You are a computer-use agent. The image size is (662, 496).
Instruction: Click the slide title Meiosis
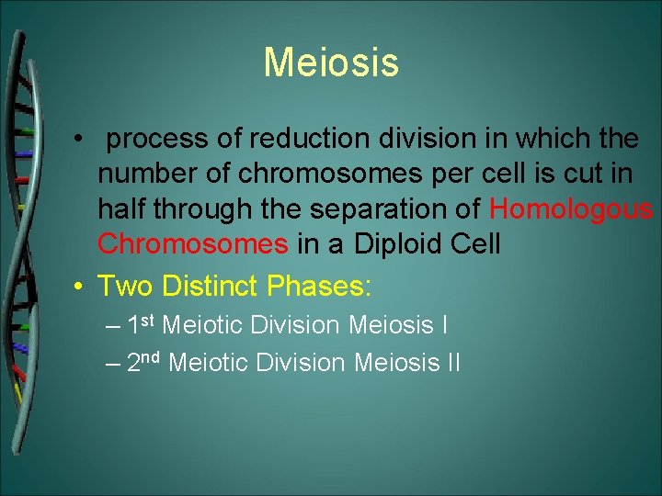pyautogui.click(x=331, y=62)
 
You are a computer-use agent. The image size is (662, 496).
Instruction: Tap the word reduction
pyautogui.click(x=288, y=141)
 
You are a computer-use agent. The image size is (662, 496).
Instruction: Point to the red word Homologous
pyautogui.click(x=570, y=209)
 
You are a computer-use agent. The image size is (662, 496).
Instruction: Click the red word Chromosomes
pyautogui.click(x=192, y=244)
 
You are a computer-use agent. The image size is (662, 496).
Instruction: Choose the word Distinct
pyautogui.click(x=210, y=286)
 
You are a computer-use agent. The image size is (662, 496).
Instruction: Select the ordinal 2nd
pyautogui.click(x=144, y=362)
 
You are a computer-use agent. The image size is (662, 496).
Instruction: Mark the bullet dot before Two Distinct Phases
pyautogui.click(x=81, y=286)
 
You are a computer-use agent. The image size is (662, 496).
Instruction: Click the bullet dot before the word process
pyautogui.click(x=81, y=141)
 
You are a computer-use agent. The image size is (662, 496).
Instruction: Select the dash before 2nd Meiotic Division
pyautogui.click(x=112, y=363)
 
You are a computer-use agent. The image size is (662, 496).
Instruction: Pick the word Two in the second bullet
pyautogui.click(x=126, y=286)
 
